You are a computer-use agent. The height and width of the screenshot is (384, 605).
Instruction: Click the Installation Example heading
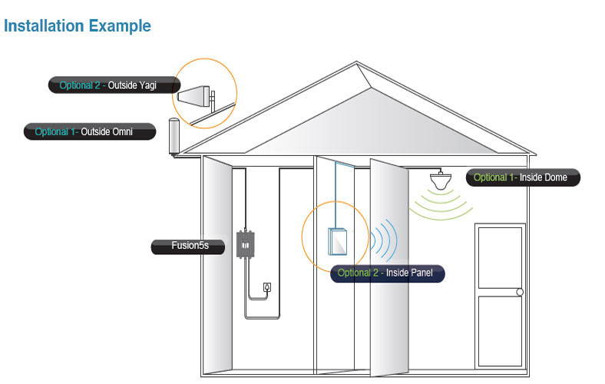(x=78, y=26)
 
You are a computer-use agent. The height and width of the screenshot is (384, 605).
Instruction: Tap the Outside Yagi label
(x=115, y=85)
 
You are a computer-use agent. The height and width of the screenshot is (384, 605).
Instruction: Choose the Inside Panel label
(x=388, y=273)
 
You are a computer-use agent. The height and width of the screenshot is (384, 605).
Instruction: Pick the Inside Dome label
(x=523, y=177)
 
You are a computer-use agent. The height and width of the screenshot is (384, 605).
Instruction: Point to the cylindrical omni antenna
(x=174, y=137)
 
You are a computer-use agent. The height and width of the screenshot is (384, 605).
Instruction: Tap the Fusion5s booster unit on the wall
(x=246, y=244)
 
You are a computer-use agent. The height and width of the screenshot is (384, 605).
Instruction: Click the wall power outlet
(x=266, y=287)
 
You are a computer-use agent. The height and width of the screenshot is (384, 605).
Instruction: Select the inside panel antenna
(x=339, y=241)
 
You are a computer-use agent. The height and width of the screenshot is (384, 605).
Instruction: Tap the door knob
(x=519, y=292)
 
